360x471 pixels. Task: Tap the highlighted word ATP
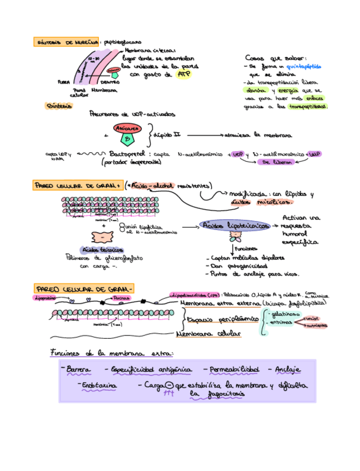183,74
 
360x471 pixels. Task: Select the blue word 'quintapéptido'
303,66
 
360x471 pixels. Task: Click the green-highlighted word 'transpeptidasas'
305,106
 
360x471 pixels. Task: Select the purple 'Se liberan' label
275,162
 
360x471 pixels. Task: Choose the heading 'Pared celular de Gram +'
78,186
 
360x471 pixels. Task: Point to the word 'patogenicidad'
239,266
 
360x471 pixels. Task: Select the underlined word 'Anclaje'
287,369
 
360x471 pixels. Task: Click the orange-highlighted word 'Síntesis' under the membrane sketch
59,106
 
